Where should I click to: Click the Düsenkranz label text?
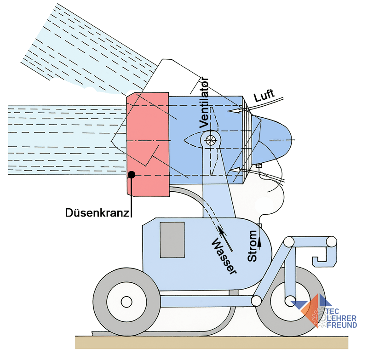(x=97, y=213)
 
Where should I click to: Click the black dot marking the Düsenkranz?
(x=132, y=174)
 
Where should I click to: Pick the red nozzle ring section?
(x=148, y=143)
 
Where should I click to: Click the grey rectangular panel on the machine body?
(x=172, y=240)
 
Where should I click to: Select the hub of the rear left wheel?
(x=125, y=302)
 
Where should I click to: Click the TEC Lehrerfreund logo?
(x=328, y=312)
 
